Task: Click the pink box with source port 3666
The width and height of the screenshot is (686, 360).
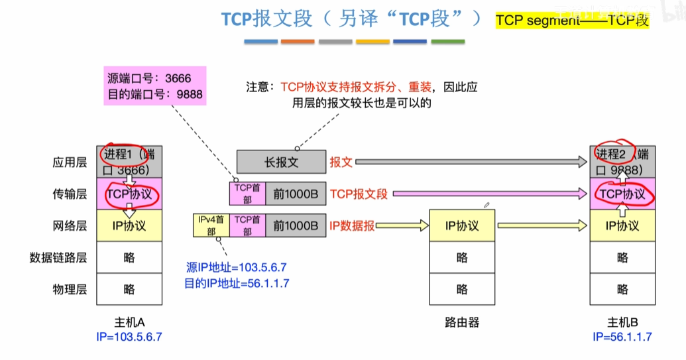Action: pos(154,86)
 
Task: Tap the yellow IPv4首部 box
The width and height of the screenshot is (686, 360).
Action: pos(211,225)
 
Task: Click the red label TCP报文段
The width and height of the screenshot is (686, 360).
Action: pos(359,194)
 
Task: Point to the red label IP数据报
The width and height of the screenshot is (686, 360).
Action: pos(351,225)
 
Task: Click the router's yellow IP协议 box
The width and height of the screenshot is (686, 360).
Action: pos(462,225)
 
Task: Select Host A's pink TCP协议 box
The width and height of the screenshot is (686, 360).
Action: pos(129,194)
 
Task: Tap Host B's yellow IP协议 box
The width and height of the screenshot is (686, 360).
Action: pos(622,225)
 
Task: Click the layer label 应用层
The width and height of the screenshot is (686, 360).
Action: pos(70,162)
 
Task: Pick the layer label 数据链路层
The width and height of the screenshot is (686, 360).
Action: pos(58,257)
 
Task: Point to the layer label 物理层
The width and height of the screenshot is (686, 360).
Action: pos(70,289)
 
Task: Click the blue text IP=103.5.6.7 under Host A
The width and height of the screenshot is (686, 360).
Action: pos(129,337)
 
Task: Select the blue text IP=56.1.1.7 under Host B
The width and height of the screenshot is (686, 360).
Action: pos(622,337)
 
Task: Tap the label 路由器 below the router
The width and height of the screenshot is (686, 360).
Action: pos(462,323)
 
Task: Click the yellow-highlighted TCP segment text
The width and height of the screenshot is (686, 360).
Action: pos(572,20)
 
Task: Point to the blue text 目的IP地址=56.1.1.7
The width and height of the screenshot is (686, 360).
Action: pos(237,283)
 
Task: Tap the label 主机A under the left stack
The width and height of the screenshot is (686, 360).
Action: pos(129,323)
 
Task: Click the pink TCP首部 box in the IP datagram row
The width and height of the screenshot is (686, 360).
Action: pos(247,225)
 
